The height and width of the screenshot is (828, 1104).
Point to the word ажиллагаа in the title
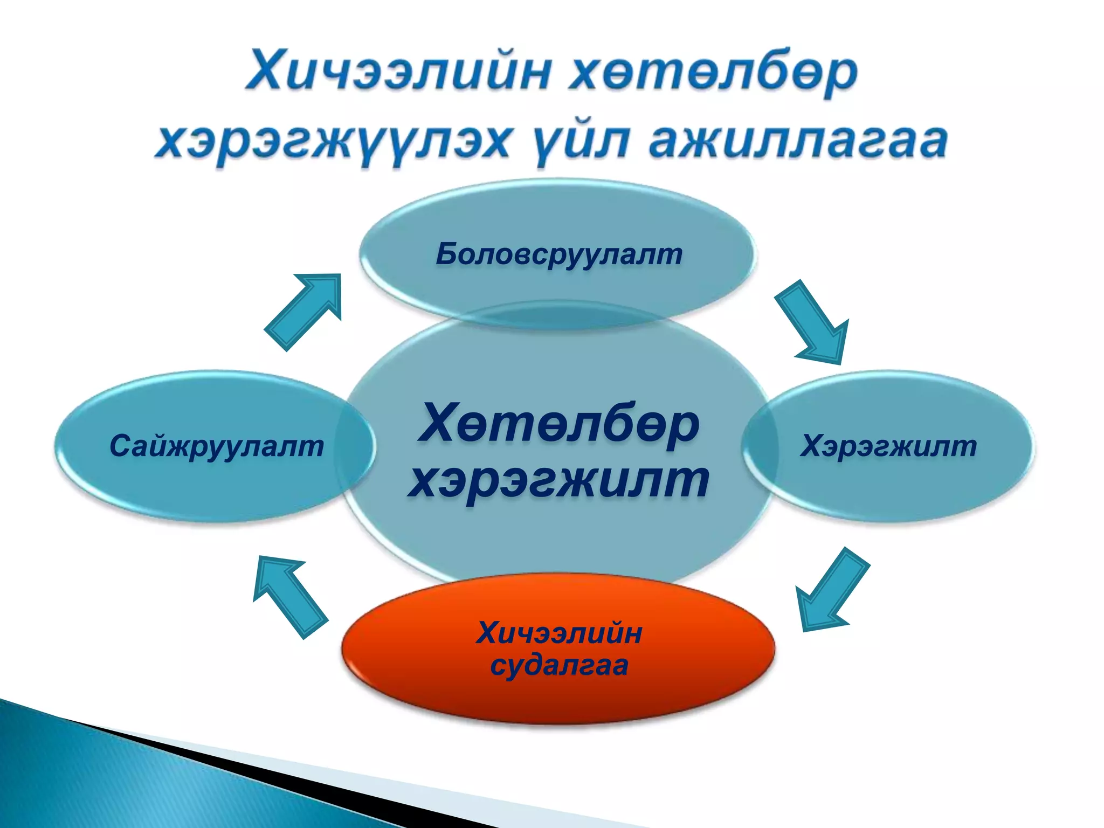coord(798,141)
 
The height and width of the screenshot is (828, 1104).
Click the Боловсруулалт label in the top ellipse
coord(559,254)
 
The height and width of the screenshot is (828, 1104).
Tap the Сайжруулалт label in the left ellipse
coord(216,446)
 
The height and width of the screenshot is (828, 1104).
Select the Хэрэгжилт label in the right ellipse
coord(888,446)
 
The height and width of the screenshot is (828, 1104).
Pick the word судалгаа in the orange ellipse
coord(559,665)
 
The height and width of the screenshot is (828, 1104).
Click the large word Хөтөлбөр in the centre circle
coord(559,423)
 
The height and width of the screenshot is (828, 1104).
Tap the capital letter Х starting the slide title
coord(267,72)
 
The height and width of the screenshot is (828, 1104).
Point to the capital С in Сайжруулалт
coord(121,446)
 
